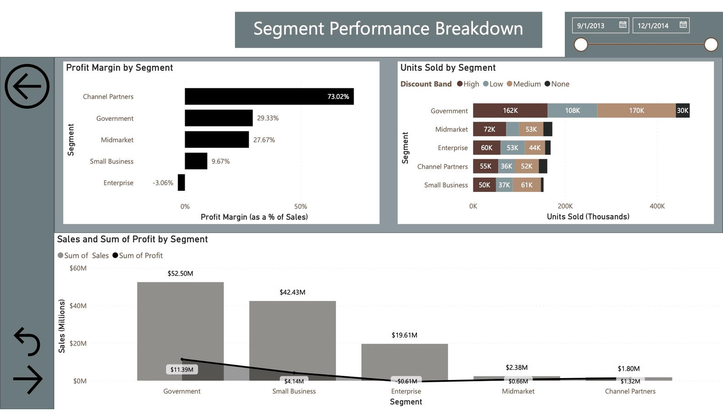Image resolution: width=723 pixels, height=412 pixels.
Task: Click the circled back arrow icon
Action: point(27,86)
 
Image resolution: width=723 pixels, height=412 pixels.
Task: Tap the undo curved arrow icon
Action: point(27,342)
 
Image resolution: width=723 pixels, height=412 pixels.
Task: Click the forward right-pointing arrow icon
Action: point(28,379)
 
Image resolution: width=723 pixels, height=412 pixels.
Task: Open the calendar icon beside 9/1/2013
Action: point(623,25)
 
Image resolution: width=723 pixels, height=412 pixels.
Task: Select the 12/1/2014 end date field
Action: point(653,26)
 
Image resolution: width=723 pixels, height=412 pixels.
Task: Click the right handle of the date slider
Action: point(711,44)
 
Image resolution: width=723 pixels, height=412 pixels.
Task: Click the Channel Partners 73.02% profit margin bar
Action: point(269,97)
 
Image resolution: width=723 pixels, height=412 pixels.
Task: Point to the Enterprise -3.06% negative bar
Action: point(181,183)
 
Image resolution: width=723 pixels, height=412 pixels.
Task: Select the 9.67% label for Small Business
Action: point(220,161)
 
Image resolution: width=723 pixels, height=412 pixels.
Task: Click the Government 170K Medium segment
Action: point(636,110)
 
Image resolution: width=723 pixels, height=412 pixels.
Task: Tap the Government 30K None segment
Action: point(682,110)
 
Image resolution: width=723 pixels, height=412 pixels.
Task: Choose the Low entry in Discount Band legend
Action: point(493,84)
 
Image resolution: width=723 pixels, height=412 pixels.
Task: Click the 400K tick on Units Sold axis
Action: point(657,206)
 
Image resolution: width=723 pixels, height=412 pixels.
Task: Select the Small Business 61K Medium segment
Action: point(526,185)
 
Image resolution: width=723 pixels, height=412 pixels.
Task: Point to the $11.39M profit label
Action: point(182,369)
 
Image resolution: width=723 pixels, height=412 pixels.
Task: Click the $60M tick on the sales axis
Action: point(78,268)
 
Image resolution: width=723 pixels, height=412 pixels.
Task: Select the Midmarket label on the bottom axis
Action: point(518,391)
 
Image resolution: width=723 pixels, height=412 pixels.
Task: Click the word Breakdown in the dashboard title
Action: point(479,29)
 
